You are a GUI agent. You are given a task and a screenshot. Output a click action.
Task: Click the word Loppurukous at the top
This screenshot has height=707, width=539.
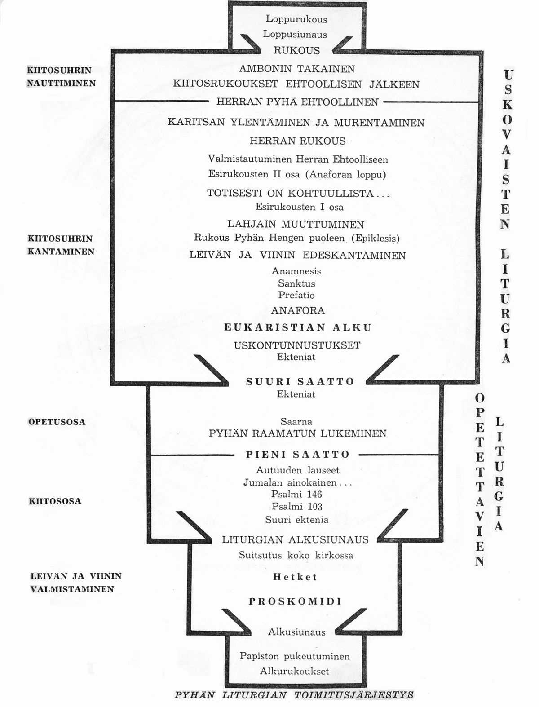296,19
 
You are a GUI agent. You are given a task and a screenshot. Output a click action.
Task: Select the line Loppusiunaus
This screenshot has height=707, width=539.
295,34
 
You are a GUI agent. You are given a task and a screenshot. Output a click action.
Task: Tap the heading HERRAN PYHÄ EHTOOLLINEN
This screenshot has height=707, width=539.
297,102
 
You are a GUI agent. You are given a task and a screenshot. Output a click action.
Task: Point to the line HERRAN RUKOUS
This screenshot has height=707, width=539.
297,141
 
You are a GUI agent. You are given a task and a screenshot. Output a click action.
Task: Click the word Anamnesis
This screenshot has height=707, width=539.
296,271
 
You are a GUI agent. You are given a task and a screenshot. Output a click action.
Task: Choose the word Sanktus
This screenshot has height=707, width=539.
296,283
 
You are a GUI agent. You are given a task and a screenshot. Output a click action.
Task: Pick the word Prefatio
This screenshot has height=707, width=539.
296,295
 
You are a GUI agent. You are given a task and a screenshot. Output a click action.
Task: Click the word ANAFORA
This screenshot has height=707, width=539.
298,310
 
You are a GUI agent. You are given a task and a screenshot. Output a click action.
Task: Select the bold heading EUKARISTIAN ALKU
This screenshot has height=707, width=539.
298,327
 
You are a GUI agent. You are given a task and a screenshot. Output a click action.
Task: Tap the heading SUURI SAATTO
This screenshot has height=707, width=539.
300,382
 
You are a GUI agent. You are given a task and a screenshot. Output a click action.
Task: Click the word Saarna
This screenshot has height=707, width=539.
296,421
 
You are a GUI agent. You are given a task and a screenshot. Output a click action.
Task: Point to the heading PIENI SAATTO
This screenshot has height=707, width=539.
298,455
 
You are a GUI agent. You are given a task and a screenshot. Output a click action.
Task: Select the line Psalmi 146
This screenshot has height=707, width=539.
296,494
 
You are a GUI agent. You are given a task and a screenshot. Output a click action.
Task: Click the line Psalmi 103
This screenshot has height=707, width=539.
297,507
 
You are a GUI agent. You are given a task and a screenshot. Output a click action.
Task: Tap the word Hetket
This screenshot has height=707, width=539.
295,577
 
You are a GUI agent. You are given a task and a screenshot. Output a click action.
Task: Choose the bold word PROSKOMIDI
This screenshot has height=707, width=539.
295,601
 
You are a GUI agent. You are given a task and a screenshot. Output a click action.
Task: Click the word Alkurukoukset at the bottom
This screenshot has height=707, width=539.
294,671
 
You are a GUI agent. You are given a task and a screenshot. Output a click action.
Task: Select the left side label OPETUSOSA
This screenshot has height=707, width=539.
57,422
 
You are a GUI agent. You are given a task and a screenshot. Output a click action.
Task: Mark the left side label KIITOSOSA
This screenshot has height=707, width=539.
55,501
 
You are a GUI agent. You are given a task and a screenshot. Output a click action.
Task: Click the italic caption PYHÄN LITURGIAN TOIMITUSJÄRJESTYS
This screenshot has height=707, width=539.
294,695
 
